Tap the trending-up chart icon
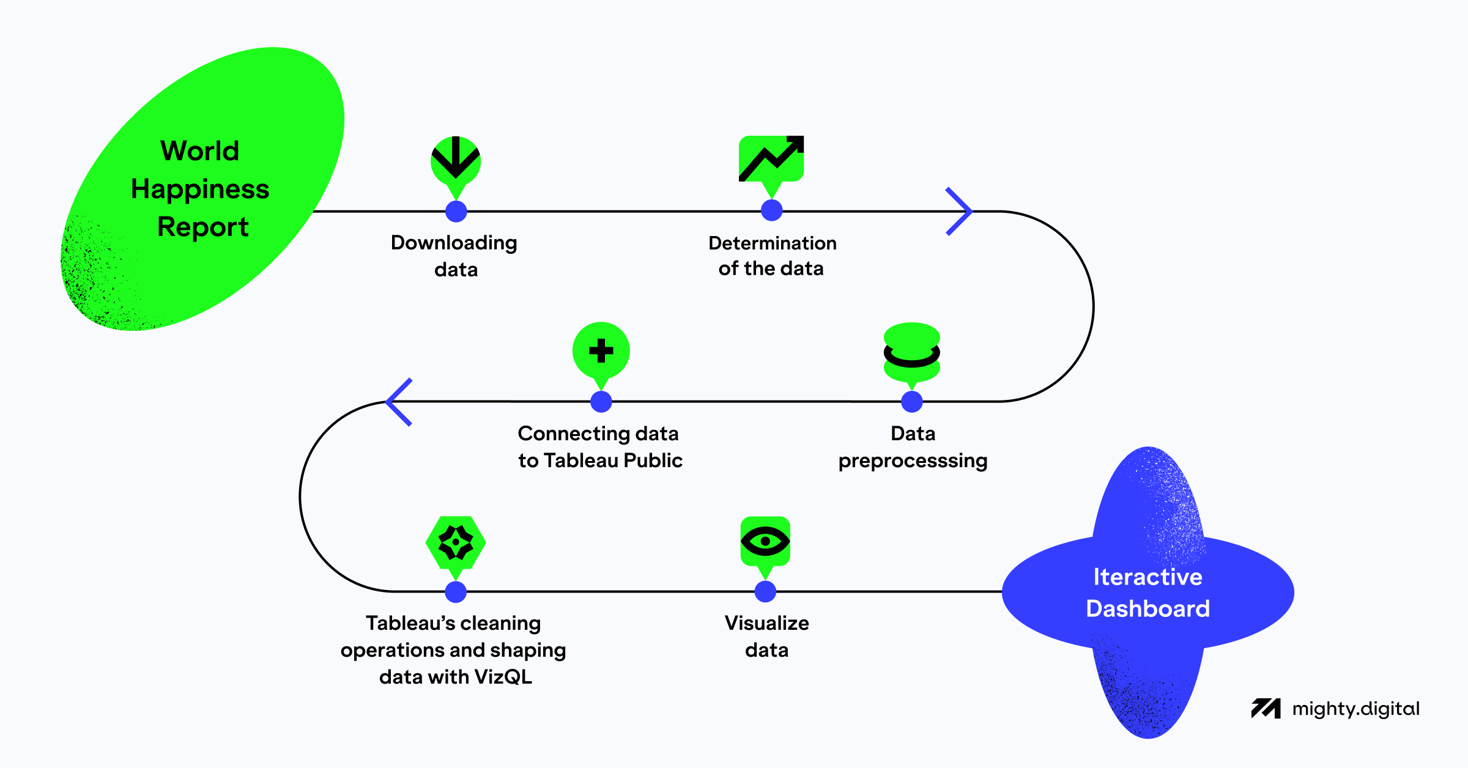pyautogui.click(x=771, y=159)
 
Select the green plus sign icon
pyautogui.click(x=601, y=351)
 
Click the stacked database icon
pyautogui.click(x=912, y=352)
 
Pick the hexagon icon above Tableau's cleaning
pyautogui.click(x=456, y=542)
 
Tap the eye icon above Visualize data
pyautogui.click(x=765, y=541)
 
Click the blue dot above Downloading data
pyautogui.click(x=456, y=212)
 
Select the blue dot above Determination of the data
pyautogui.click(x=772, y=210)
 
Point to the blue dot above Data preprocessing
pyautogui.click(x=912, y=402)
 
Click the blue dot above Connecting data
pyautogui.click(x=601, y=402)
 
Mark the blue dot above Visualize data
pyautogui.click(x=765, y=591)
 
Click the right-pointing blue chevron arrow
pyautogui.click(x=959, y=212)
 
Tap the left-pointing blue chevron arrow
pyautogui.click(x=399, y=402)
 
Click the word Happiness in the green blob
pyautogui.click(x=200, y=189)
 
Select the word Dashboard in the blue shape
pyautogui.click(x=1147, y=608)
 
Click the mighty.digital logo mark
pyautogui.click(x=1266, y=709)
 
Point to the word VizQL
pyautogui.click(x=503, y=677)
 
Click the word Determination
pyautogui.click(x=772, y=243)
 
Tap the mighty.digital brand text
pyautogui.click(x=1355, y=709)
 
